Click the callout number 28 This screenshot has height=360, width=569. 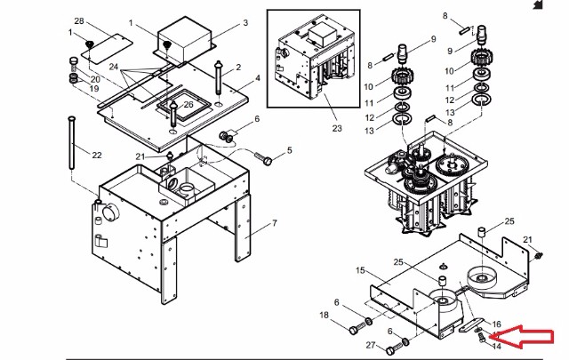[79, 21]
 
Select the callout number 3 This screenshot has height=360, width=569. [245, 23]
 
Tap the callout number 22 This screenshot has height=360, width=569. [97, 156]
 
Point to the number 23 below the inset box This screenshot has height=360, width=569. [337, 128]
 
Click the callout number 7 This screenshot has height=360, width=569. [275, 223]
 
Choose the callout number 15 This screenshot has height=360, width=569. [360, 270]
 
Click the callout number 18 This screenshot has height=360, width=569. [324, 315]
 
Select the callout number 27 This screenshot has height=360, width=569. [371, 345]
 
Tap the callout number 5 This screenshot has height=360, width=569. [289, 150]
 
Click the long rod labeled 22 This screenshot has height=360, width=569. [72, 143]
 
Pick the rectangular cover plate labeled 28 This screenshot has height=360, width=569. [107, 49]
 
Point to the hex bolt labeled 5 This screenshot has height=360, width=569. [264, 158]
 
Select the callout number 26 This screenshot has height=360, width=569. [188, 105]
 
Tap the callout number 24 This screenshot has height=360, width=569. [114, 67]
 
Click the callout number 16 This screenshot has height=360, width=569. [497, 324]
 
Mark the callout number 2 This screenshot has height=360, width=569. [238, 68]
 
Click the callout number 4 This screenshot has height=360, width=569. [258, 78]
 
